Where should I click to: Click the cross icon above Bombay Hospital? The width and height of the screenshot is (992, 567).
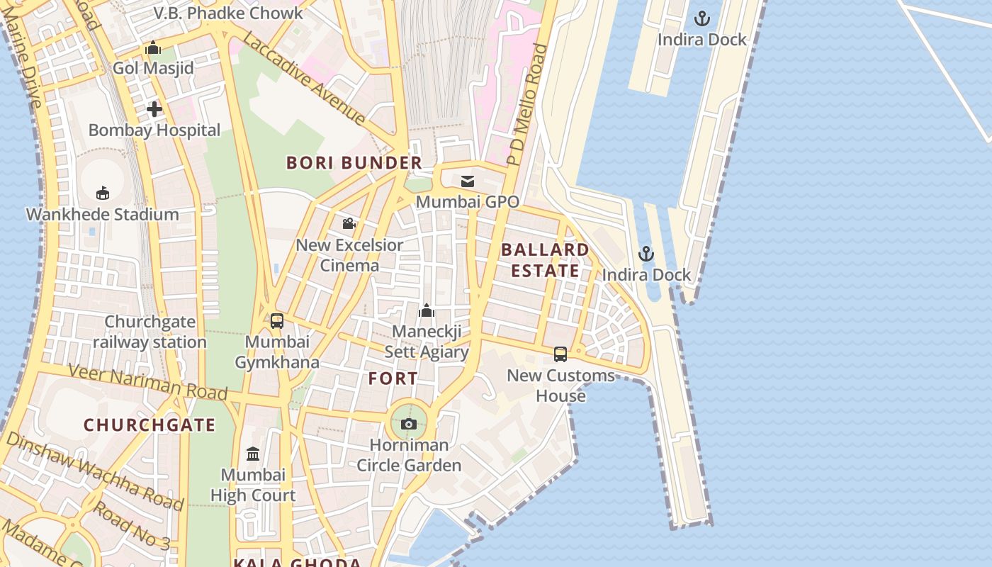coord(154,109)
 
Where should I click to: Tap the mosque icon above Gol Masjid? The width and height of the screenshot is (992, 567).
coord(153,48)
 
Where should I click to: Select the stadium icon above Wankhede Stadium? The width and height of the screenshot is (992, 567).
coord(103,193)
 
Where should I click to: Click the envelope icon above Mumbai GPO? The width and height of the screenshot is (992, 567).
coord(468,181)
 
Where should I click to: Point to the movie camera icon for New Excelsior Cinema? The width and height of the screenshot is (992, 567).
coord(349,224)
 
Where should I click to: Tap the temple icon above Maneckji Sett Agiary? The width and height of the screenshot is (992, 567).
coord(427,310)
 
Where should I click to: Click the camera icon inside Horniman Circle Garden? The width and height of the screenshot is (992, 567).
coord(409,424)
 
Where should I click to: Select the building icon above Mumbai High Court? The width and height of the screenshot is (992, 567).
coord(253,454)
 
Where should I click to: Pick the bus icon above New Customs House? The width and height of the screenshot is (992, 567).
coord(560,354)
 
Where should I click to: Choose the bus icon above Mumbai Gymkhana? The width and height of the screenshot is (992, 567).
coord(277,320)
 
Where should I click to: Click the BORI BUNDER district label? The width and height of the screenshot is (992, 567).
coord(354,163)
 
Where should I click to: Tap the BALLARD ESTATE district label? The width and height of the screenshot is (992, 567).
coord(546,260)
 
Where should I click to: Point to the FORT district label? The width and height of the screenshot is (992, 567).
coord(393,378)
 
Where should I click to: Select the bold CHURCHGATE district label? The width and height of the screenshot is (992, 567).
coord(150,425)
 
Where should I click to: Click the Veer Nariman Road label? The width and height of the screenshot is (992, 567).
coord(147,381)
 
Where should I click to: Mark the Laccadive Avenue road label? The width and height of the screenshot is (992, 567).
coord(304,79)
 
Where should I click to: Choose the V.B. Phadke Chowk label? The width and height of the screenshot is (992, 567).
coord(228,13)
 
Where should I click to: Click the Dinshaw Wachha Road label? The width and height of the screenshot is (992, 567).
coord(94,471)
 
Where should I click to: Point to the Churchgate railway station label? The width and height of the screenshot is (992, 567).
coord(150,332)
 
